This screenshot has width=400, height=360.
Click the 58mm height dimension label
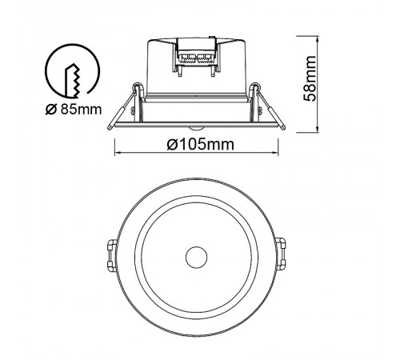[x=310, y=78]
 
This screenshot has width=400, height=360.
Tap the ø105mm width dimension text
[x=201, y=144]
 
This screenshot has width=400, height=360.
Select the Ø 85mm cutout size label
[x=74, y=110]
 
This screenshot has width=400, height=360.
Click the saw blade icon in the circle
[x=72, y=81]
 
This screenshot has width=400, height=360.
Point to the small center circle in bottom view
[x=196, y=257]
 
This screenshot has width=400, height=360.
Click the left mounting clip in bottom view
[x=112, y=255]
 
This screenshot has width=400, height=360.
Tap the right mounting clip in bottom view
[x=281, y=254]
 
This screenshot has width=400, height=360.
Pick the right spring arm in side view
[x=270, y=107]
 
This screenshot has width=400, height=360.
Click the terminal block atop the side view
[x=196, y=57]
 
